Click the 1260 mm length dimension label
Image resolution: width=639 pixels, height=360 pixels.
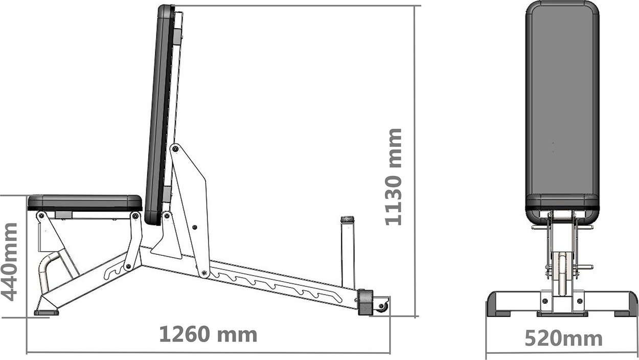click(208, 334)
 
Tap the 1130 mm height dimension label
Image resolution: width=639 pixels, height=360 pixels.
click(394, 177)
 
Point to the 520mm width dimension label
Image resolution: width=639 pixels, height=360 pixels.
click(564, 339)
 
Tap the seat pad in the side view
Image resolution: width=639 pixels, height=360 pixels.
click(85, 203)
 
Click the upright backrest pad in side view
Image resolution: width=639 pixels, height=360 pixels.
click(159, 114)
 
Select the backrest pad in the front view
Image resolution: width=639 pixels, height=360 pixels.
click(562, 111)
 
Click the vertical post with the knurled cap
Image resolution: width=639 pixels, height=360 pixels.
click(348, 252)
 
